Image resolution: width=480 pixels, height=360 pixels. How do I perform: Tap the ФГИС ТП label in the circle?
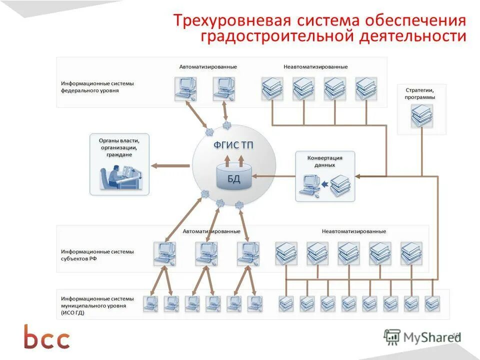233,145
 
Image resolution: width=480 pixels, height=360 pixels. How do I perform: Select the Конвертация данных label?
324,161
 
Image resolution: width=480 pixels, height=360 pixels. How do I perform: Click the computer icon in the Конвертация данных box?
309,184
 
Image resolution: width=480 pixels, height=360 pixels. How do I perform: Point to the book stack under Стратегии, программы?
421,115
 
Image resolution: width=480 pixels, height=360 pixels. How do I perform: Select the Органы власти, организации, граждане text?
119,147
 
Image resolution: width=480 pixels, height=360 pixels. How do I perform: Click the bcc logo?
47,337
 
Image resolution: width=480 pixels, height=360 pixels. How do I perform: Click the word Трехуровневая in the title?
224,21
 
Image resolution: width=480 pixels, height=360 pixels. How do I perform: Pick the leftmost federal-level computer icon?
184,88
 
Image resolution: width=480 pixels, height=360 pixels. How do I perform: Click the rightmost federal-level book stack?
366,88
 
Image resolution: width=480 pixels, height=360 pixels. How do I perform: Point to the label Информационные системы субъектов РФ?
97,254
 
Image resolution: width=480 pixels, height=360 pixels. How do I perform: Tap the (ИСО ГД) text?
73,312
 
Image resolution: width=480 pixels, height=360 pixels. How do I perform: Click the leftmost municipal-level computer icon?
150,303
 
